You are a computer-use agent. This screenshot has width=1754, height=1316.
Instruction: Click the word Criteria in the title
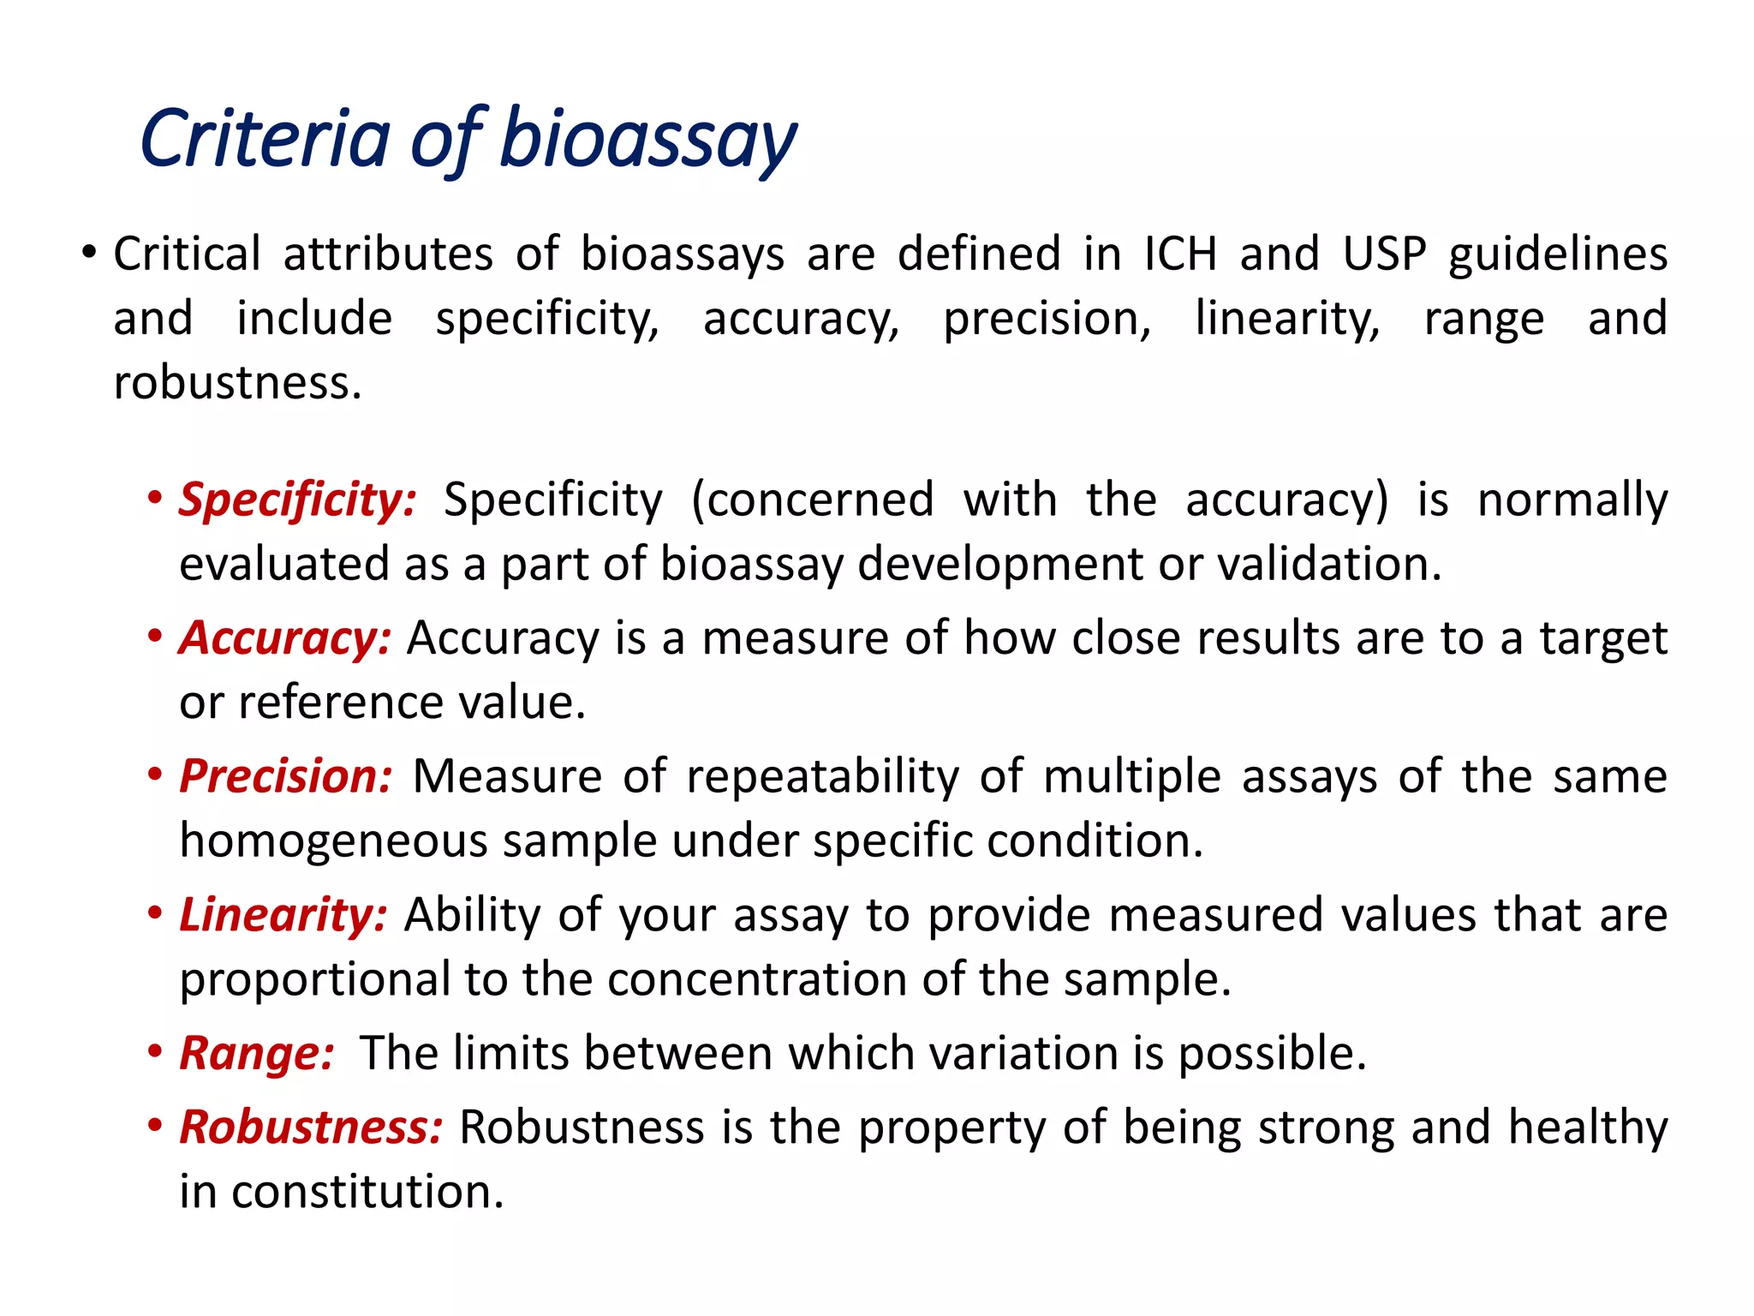(265, 140)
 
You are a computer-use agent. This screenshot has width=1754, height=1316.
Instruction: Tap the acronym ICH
(1180, 254)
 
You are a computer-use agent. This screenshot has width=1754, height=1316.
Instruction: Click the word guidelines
(1558, 255)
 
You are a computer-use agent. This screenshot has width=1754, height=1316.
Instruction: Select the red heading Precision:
(285, 776)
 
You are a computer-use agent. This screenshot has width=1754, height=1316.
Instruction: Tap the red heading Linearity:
(283, 914)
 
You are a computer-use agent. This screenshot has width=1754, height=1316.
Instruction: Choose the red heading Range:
(256, 1053)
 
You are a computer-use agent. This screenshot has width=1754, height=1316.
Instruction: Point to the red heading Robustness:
(311, 1127)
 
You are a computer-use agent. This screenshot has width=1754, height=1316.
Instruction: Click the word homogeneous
(332, 841)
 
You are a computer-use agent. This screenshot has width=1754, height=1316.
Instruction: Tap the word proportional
(314, 980)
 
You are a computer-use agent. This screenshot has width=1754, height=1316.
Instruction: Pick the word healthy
(1588, 1128)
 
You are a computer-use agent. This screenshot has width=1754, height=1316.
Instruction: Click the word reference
(341, 703)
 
